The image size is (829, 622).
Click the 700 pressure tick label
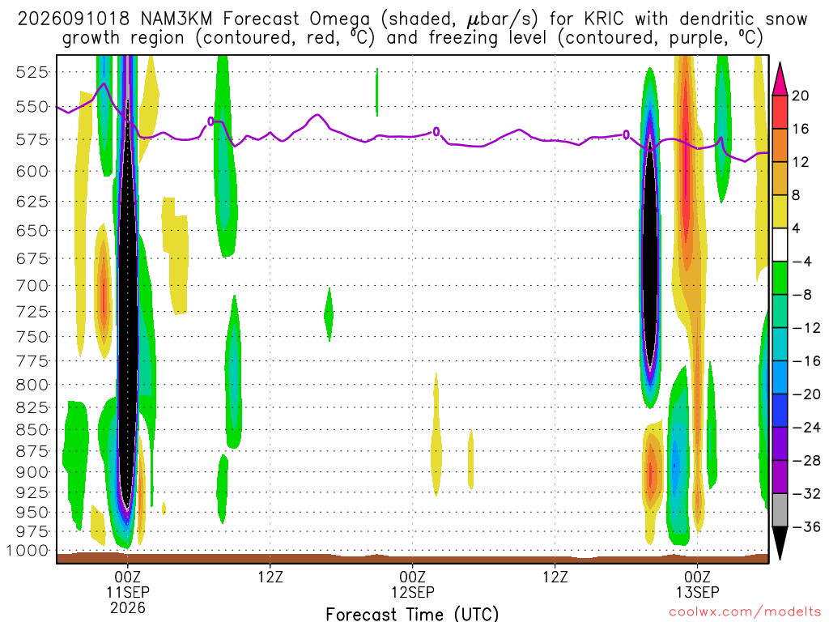point(32,286)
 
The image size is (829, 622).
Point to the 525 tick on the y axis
point(32,72)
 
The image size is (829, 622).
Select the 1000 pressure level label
point(28,551)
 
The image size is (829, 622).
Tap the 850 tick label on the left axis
point(32,430)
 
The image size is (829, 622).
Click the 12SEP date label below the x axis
point(412,592)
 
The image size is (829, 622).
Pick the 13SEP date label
point(697,592)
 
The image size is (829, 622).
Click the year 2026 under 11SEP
point(128,607)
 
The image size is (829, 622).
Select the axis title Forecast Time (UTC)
point(412,614)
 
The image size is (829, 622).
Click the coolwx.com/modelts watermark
point(745,612)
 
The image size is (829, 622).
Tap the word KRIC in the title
point(604,19)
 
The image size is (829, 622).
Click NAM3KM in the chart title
point(176,19)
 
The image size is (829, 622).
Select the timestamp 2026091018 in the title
point(74,19)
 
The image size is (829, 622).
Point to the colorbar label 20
point(800,96)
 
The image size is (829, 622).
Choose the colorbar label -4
point(801,262)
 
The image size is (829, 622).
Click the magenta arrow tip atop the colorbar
point(780,63)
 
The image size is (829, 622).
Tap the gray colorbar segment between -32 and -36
point(780,510)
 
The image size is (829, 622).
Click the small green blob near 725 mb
point(329,315)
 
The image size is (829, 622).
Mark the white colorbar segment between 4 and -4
point(780,245)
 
